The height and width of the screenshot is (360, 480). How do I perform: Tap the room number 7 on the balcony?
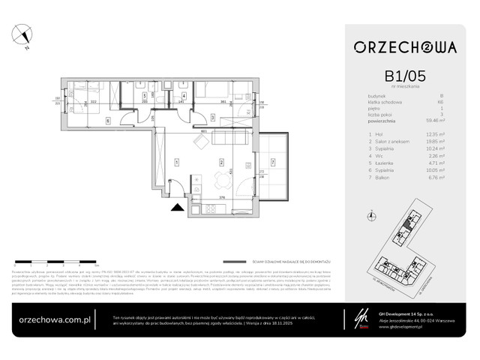tap(272, 161)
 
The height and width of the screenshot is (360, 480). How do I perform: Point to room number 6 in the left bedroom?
tap(107, 119)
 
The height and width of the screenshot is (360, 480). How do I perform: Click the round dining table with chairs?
tap(220, 181)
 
